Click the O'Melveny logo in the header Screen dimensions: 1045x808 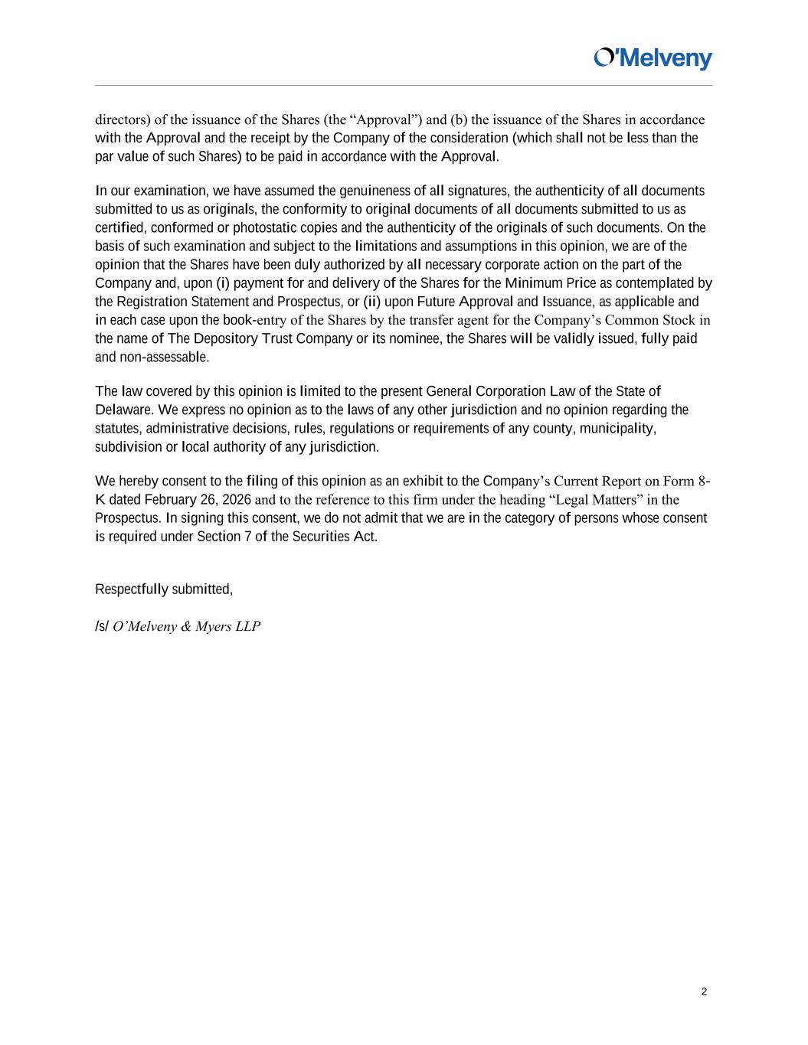(x=653, y=59)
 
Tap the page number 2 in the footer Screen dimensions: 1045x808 (x=704, y=992)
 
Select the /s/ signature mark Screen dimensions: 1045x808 (x=102, y=626)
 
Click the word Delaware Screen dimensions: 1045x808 (x=120, y=410)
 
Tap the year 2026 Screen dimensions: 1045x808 (x=236, y=500)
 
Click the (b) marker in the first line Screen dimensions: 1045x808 (x=458, y=119)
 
